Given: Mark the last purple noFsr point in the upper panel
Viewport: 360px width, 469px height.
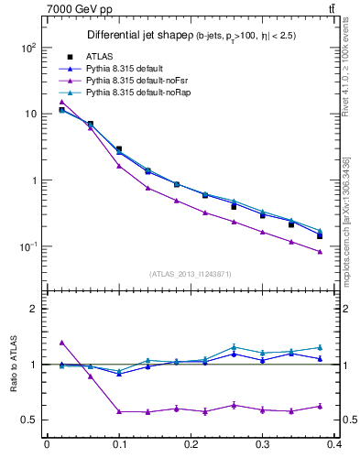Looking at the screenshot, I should [x=320, y=252].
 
